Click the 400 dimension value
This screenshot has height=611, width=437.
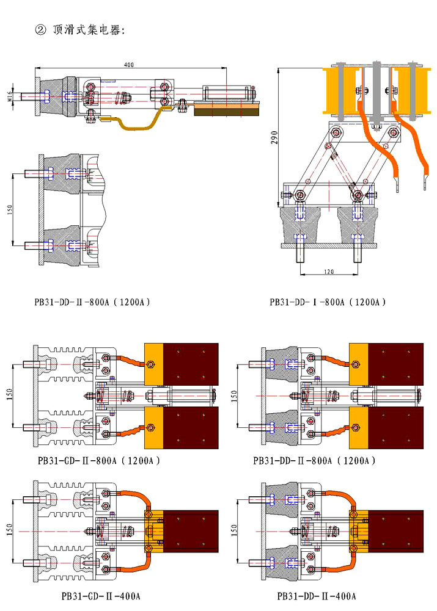point(128,65)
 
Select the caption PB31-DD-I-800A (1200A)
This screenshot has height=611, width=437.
point(328,302)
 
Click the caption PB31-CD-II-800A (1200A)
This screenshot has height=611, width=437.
point(97,461)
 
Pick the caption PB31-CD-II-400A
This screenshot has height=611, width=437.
point(101,596)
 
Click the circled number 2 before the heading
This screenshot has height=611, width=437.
point(41,30)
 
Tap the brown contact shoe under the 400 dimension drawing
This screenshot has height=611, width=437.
point(227,110)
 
